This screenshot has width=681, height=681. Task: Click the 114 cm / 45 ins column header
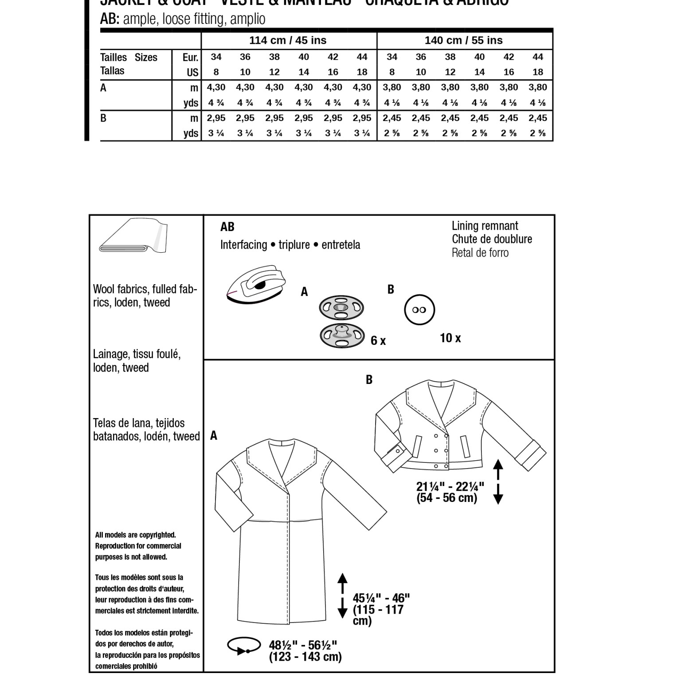pos(288,40)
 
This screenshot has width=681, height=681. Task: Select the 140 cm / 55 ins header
pos(463,40)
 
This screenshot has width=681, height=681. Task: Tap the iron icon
pos(257,284)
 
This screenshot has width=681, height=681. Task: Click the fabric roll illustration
pos(133,236)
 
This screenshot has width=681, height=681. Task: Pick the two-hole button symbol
pos(419,310)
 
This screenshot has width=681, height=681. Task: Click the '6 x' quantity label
pos(378,340)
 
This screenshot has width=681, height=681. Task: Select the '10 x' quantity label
pos(450,338)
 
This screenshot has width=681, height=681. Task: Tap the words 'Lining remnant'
pos(485,226)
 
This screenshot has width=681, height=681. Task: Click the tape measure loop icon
pos(243,646)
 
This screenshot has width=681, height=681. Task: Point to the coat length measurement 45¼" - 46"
pos(381,599)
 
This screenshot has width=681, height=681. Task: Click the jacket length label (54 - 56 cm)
pos(446,498)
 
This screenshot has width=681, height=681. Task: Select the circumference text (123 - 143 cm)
pos(305,657)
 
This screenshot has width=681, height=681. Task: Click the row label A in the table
pos(103,88)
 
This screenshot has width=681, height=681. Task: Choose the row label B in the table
pos(103,118)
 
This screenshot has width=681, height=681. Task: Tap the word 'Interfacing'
pos(243,245)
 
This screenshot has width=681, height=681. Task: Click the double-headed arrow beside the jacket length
pos(498,482)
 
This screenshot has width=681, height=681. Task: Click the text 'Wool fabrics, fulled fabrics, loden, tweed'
pos(145,296)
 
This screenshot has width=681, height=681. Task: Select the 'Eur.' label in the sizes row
pos(190,57)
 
